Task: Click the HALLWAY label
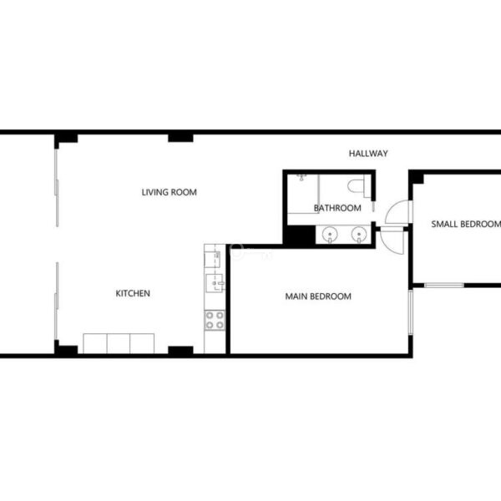pyautogui.click(x=368, y=154)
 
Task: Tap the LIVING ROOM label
pyautogui.click(x=169, y=192)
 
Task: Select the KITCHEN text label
pyautogui.click(x=133, y=293)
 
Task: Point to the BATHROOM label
pyautogui.click(x=337, y=208)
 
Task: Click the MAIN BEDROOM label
pyautogui.click(x=318, y=296)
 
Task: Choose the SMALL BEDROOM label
pyautogui.click(x=466, y=224)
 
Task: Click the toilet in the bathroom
pyautogui.click(x=358, y=186)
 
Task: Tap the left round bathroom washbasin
pyautogui.click(x=330, y=235)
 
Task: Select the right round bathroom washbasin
pyautogui.click(x=359, y=235)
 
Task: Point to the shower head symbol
pyautogui.click(x=301, y=177)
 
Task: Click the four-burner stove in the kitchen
pyautogui.click(x=215, y=320)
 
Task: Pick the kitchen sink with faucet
pyautogui.click(x=215, y=283)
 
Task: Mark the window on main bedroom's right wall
pyautogui.click(x=411, y=312)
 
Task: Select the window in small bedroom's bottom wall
pyautogui.click(x=444, y=285)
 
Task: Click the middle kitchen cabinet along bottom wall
pyautogui.click(x=119, y=343)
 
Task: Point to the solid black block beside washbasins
pyautogui.click(x=301, y=235)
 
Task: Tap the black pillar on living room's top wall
pyautogui.click(x=180, y=138)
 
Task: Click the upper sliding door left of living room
pyautogui.click(x=57, y=188)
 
